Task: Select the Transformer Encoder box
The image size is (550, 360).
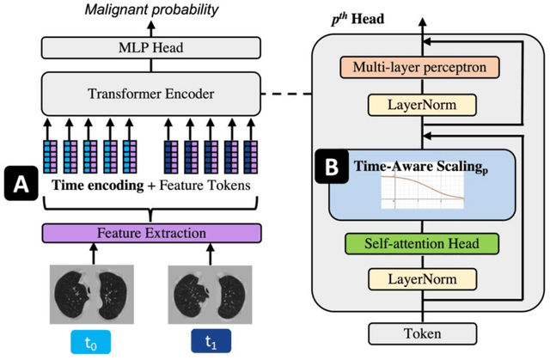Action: coord(138,90)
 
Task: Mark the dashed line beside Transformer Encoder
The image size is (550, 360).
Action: coord(285,91)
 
